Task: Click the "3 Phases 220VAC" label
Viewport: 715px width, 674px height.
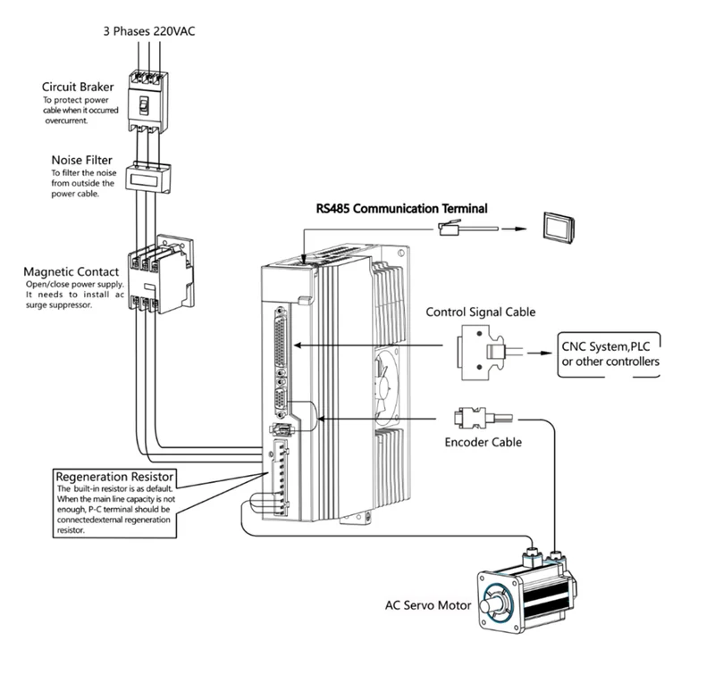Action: click(149, 31)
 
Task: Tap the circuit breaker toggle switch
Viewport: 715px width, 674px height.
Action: click(144, 105)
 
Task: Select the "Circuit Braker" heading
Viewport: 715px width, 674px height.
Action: click(78, 87)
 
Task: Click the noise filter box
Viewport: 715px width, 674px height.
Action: click(148, 178)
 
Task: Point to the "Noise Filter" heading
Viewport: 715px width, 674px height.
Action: click(81, 160)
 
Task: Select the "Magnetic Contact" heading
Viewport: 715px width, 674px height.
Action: click(71, 272)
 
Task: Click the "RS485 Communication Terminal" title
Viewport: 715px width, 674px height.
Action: click(401, 209)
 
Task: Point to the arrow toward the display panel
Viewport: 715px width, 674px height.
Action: click(515, 229)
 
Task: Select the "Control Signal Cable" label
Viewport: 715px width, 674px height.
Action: click(481, 312)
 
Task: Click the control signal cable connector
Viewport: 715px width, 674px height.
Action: click(482, 352)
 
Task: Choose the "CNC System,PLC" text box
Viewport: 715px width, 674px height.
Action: click(610, 354)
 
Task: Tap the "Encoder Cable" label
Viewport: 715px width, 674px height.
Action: click(483, 442)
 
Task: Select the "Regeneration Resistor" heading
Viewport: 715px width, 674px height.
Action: click(114, 477)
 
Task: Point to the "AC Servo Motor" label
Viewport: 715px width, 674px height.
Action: click(428, 605)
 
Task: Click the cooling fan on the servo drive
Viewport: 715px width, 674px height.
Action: click(386, 387)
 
